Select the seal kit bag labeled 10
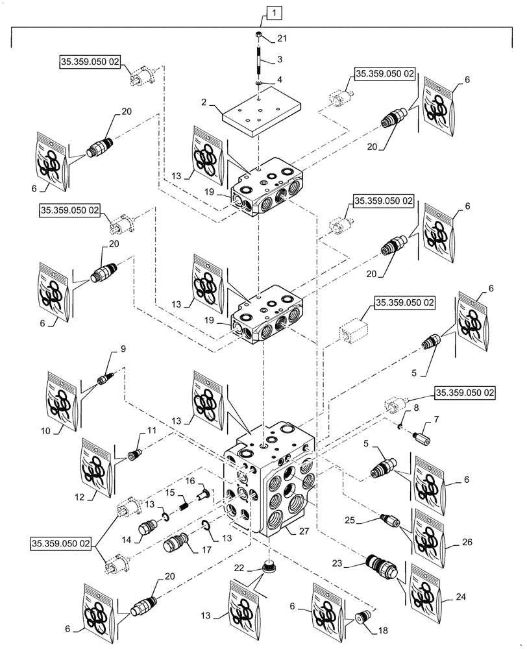click(62, 401)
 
